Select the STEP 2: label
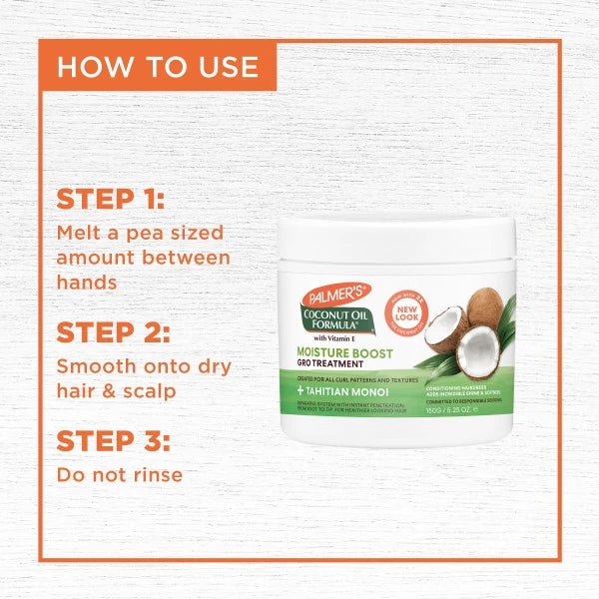113,332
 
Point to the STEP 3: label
113,439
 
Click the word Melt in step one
79,232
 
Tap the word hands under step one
87,282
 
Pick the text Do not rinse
119,473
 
